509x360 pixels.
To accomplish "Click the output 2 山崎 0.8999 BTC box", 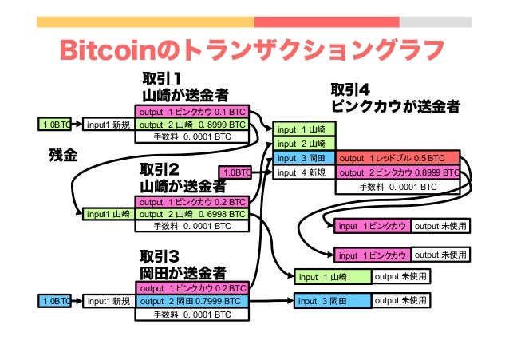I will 191,125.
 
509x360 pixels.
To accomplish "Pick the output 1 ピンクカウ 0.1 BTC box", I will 191,113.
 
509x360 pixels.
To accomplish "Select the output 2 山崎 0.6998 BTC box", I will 191,214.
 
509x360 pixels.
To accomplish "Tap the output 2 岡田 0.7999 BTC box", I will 191,301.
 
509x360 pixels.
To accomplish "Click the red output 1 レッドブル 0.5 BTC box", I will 398,158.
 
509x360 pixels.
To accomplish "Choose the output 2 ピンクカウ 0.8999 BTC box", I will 398,172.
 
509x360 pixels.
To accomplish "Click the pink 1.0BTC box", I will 235,172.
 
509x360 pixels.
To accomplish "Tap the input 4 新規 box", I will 304,172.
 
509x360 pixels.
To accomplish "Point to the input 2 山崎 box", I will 304,144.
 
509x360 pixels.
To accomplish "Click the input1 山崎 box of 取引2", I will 108,214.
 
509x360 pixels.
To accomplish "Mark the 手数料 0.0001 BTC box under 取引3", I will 191,314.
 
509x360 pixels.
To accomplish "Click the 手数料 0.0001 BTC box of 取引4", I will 398,187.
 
